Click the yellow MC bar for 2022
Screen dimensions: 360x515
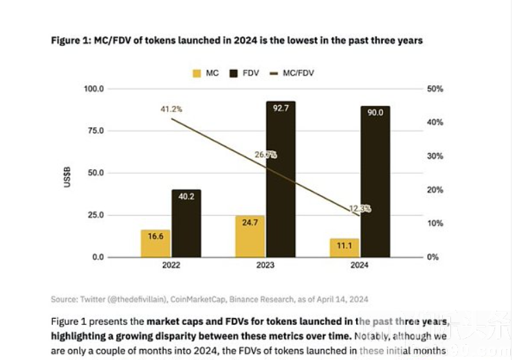[155, 244]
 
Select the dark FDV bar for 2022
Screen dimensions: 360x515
[186, 223]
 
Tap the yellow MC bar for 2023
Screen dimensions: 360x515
[250, 236]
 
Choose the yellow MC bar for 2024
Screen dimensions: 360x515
[344, 248]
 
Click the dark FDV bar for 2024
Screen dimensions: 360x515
[375, 181]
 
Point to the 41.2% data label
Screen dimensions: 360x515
[171, 109]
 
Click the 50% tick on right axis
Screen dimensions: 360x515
[435, 89]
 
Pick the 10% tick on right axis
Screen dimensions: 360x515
[435, 223]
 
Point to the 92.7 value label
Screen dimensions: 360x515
[281, 109]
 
